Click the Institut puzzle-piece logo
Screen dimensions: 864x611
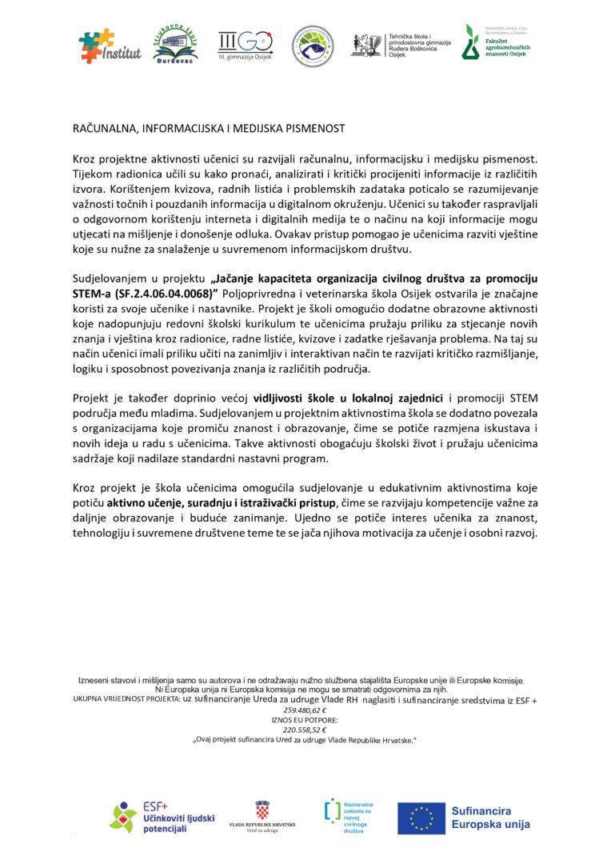[x=110, y=46]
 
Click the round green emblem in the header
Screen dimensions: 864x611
[x=312, y=46]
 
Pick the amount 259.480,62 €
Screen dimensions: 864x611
[x=305, y=710]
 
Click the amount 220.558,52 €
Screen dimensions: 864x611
[x=305, y=730]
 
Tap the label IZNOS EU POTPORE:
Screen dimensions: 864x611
[x=305, y=720]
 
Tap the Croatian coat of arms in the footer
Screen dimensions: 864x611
[x=262, y=809]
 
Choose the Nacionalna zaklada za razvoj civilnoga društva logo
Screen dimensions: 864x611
[x=349, y=815]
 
